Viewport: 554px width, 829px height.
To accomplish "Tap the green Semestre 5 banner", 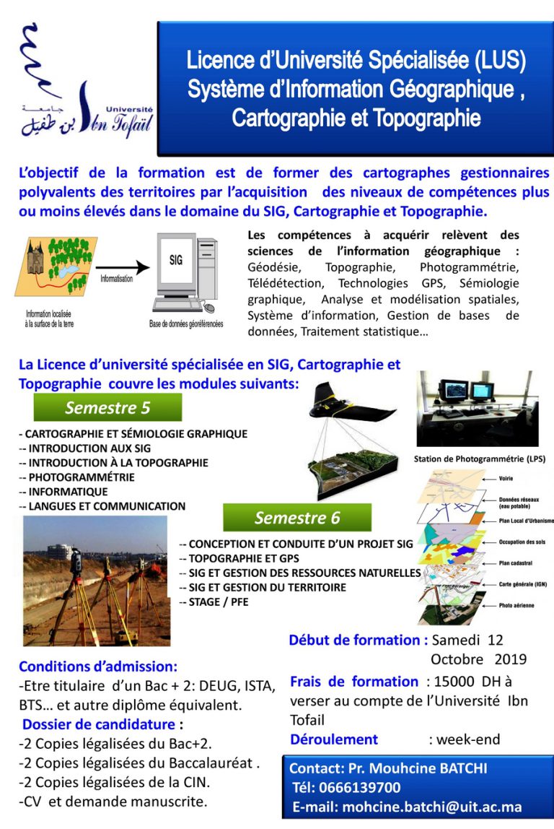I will (x=107, y=408).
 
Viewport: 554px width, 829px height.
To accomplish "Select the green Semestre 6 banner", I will (x=296, y=518).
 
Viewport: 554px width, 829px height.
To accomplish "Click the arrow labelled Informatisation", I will (x=122, y=268).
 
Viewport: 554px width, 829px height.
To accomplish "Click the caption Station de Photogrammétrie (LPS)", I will (x=479, y=459).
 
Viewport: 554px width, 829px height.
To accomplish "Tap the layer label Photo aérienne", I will (x=516, y=605).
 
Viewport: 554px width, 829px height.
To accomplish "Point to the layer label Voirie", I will (x=509, y=478).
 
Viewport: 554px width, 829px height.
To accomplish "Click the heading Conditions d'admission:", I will (x=98, y=667).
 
